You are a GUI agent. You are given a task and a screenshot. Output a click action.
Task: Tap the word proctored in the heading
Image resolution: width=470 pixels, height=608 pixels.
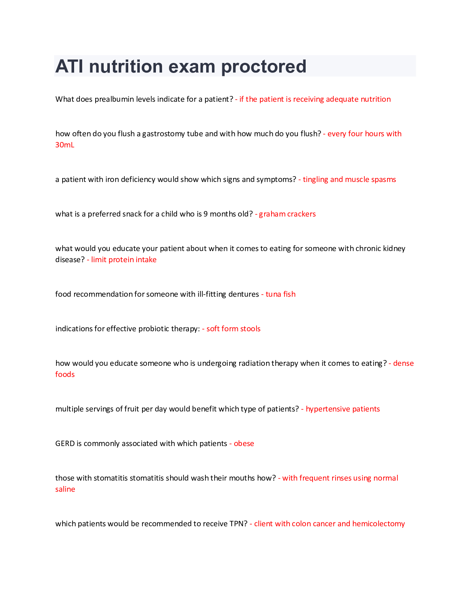(264, 67)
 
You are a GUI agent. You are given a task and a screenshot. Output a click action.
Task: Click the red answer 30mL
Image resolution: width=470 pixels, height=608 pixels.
(65, 145)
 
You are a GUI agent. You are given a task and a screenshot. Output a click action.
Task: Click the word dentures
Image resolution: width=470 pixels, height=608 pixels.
(243, 294)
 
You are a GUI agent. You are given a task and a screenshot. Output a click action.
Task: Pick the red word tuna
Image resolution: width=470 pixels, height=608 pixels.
(273, 294)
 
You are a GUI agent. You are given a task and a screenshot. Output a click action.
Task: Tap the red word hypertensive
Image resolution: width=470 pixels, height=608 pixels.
(328, 409)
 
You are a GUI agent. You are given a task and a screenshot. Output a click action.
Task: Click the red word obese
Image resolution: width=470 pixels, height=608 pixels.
(244, 444)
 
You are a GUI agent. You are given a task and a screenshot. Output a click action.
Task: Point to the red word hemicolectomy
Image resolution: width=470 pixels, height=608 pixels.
(379, 524)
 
